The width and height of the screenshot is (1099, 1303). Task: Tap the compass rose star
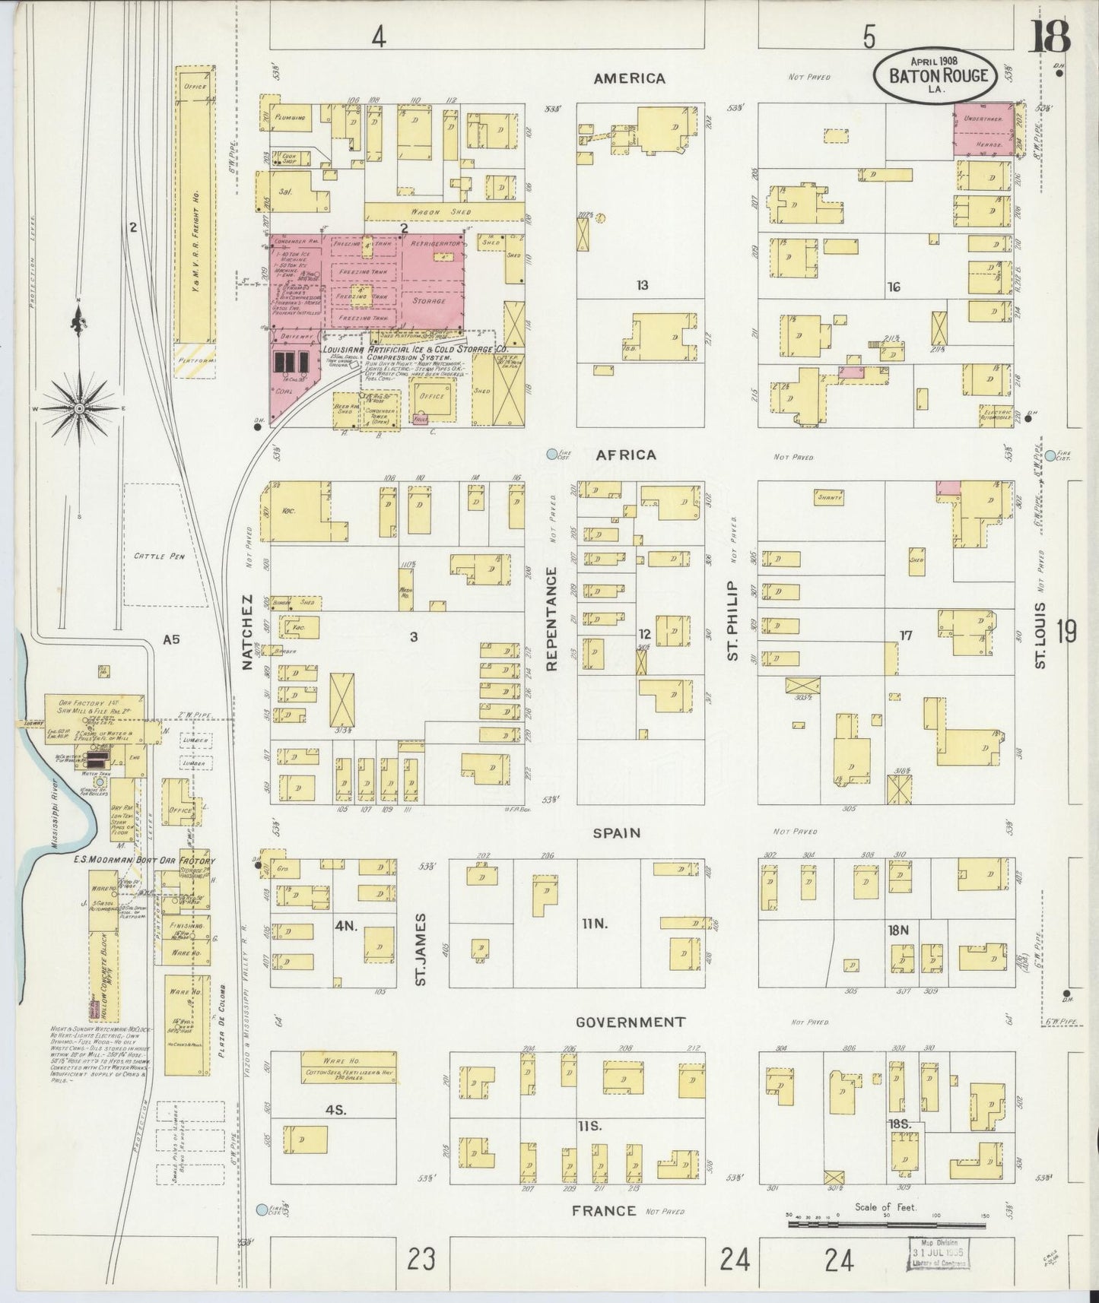pos(78,409)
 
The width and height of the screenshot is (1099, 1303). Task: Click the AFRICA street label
pos(626,455)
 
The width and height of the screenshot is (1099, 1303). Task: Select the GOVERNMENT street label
pos(630,1022)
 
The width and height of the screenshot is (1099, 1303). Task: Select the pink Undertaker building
pos(983,129)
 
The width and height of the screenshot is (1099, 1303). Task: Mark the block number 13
pos(643,285)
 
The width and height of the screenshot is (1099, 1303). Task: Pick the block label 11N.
pos(594,924)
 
